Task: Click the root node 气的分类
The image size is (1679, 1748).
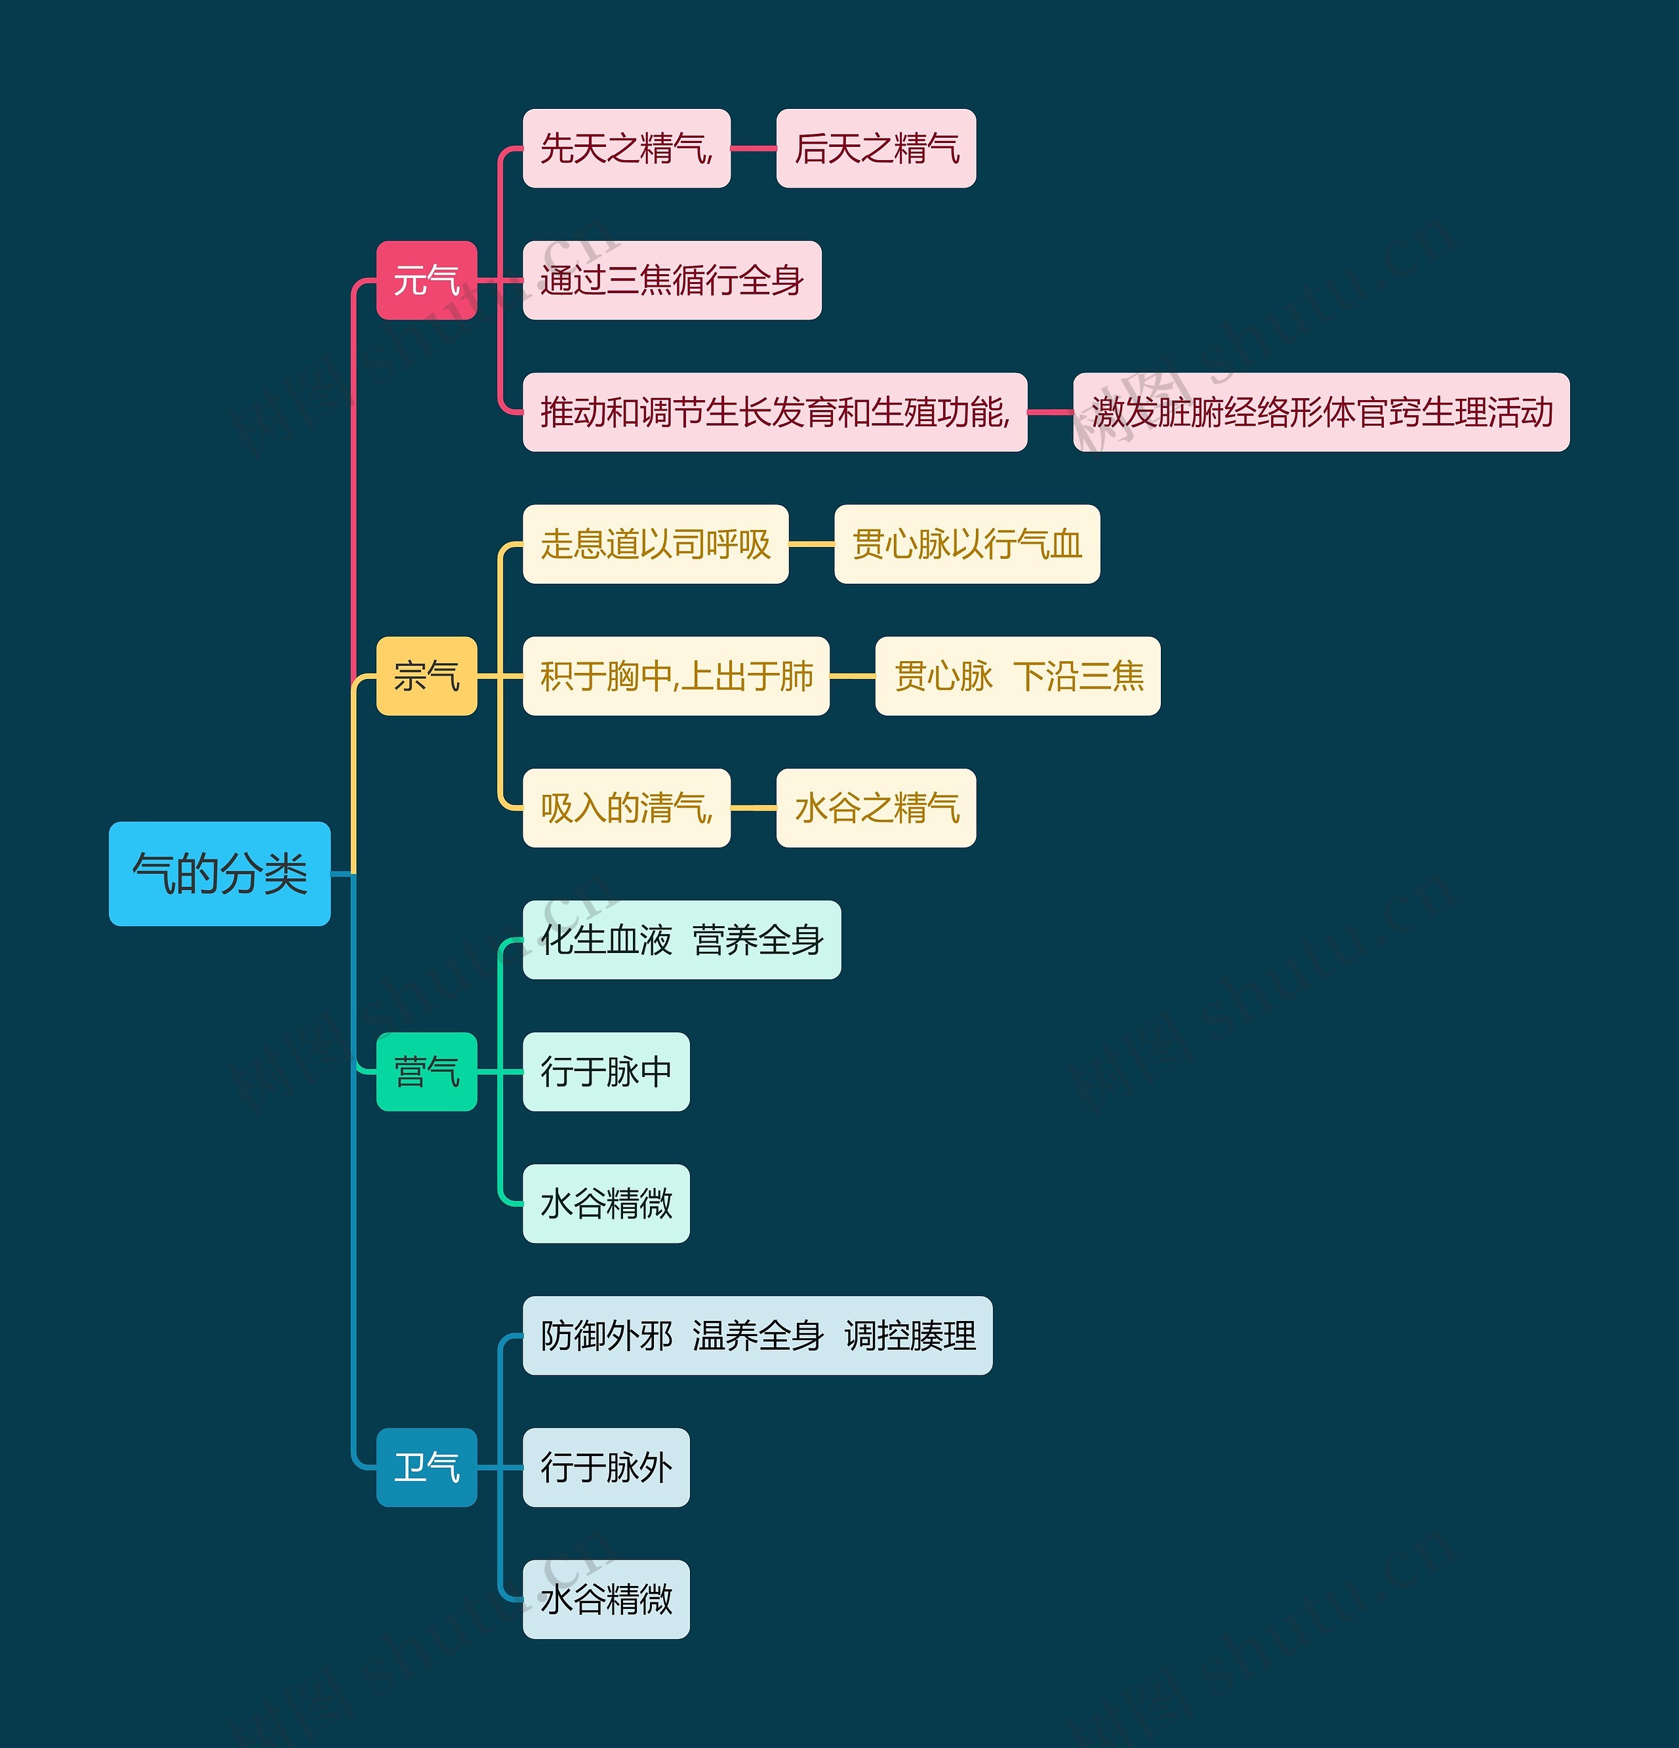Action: click(219, 873)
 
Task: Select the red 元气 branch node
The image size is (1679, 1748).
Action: click(426, 280)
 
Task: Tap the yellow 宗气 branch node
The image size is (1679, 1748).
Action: click(426, 676)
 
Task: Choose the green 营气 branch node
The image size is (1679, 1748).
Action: click(426, 1071)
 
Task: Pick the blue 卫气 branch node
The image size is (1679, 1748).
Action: click(426, 1467)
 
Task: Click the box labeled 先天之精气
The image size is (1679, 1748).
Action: click(626, 148)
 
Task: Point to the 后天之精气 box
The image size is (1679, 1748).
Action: click(876, 148)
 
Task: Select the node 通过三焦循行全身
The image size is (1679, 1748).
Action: click(672, 280)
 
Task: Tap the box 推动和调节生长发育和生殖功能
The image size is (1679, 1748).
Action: click(774, 412)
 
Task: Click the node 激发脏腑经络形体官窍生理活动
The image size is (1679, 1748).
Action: click(1320, 412)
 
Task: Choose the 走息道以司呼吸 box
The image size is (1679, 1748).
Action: click(655, 544)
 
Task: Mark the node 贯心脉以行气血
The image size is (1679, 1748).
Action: click(967, 544)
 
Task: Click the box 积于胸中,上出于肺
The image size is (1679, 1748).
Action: click(676, 676)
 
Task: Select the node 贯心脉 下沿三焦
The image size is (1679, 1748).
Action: click(1017, 676)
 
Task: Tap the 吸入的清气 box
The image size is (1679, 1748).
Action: click(626, 808)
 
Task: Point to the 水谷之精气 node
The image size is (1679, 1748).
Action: click(876, 808)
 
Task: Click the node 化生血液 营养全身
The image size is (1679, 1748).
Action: click(681, 940)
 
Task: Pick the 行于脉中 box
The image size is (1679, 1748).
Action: click(605, 1071)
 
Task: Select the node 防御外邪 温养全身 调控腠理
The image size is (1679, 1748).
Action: click(757, 1335)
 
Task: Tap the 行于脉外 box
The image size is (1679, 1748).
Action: click(605, 1467)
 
